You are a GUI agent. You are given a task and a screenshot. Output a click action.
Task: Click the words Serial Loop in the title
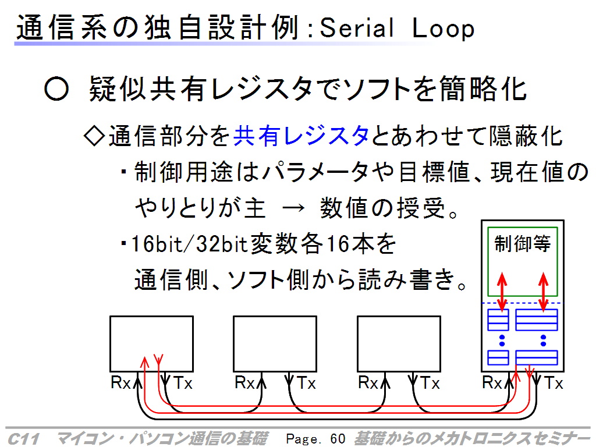click(397, 29)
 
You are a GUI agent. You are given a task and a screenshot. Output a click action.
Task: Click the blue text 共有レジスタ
click(301, 136)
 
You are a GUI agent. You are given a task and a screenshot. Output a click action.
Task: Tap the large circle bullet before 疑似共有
click(56, 89)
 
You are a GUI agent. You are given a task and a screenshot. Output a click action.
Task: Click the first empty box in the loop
click(110, 343)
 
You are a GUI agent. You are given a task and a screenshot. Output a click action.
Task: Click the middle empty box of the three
click(233, 343)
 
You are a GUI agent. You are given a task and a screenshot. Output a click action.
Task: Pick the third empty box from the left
click(358, 343)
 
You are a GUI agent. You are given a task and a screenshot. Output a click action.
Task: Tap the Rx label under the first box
click(120, 382)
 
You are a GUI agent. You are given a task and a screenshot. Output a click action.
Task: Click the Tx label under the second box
click(306, 383)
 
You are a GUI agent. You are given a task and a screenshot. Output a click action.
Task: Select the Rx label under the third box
click(368, 382)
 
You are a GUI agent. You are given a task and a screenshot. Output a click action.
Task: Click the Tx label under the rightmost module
click(554, 383)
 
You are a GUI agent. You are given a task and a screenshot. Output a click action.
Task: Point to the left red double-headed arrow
click(502, 292)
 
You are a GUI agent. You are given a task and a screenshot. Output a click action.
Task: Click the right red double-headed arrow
click(543, 292)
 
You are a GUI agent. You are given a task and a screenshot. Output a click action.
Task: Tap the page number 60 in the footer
click(338, 439)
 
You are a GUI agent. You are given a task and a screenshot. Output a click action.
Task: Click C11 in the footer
click(23, 439)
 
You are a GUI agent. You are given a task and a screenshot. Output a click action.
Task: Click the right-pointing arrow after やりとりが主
click(293, 208)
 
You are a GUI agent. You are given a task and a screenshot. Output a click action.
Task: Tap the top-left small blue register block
click(498, 320)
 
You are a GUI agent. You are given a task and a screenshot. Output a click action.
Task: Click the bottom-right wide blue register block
click(537, 358)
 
